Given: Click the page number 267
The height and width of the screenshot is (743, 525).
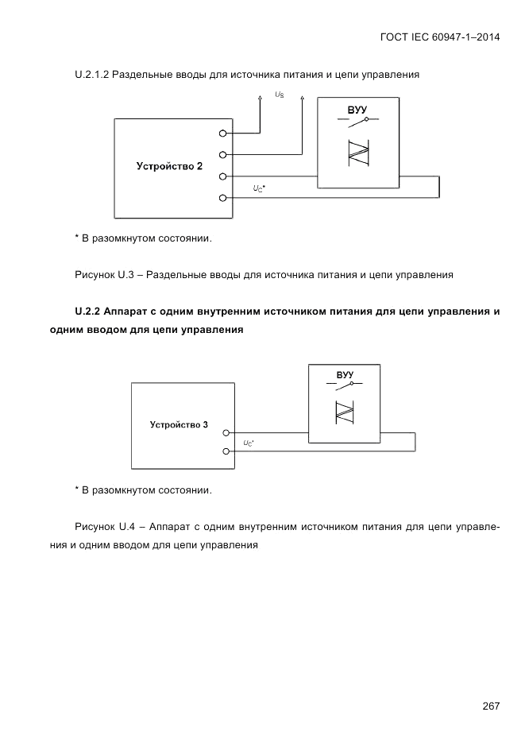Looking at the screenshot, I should (x=490, y=706).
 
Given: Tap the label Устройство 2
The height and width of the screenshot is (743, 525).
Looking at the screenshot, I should (x=169, y=167).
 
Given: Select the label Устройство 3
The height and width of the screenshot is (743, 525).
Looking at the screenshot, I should (x=179, y=424).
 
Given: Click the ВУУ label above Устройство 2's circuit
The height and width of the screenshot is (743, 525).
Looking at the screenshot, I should (x=357, y=109).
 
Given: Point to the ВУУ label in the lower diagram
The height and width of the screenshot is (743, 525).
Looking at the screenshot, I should (x=345, y=374).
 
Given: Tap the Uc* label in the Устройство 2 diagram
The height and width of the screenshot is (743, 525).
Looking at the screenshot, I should (x=259, y=188).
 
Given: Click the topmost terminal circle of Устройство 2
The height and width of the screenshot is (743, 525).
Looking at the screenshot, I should (x=223, y=134).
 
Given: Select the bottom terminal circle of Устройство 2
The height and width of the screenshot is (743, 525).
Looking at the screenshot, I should (x=223, y=197).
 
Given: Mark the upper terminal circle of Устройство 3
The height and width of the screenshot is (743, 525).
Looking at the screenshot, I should (x=226, y=433).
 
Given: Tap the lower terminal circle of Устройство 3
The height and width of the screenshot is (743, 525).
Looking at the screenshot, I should (x=226, y=451).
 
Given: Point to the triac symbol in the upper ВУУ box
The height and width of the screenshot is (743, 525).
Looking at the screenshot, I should (x=358, y=152).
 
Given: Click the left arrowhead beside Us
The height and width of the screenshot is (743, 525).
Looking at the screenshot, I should (x=260, y=99).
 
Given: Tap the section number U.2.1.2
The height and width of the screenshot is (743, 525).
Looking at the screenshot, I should (x=91, y=75).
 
